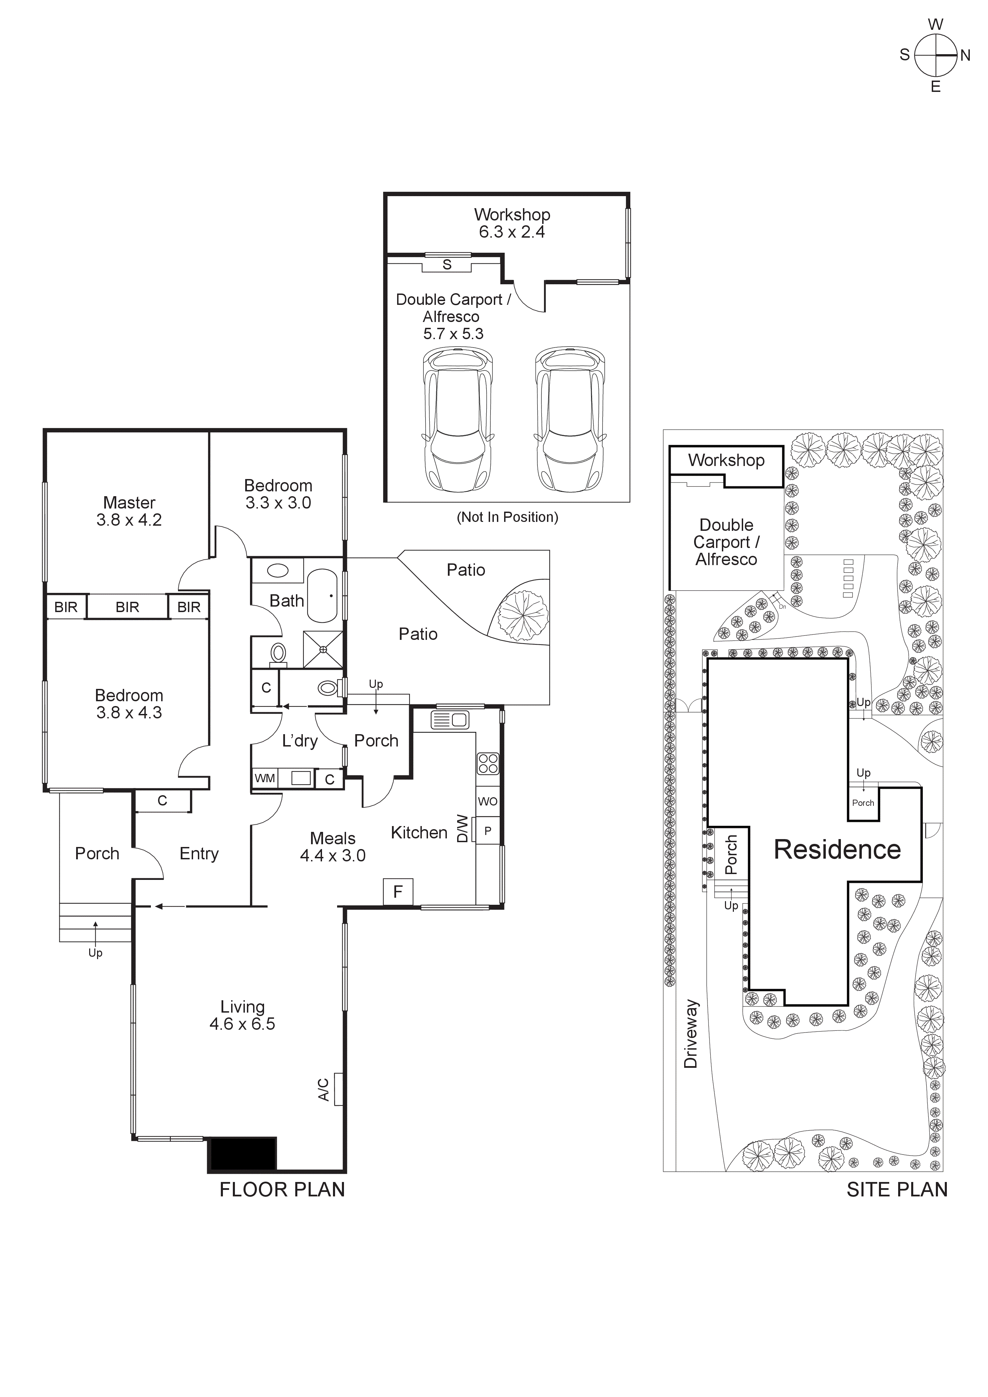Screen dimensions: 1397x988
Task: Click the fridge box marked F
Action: pyautogui.click(x=398, y=892)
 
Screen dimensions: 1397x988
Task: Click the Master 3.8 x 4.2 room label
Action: pyautogui.click(x=129, y=511)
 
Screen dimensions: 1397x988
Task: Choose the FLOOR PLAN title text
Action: pyautogui.click(x=282, y=1190)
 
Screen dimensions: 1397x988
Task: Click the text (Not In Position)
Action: pyautogui.click(x=508, y=517)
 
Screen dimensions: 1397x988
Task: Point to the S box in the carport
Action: pyautogui.click(x=447, y=265)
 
